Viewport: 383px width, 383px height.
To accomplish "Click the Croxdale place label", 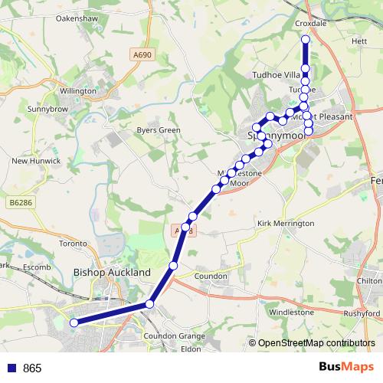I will (x=311, y=24).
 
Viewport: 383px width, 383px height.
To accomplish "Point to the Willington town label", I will (x=78, y=90).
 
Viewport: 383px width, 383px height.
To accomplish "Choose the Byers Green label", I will (x=158, y=130).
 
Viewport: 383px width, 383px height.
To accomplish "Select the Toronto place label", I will (x=74, y=244).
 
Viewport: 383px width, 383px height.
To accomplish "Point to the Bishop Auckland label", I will (x=112, y=271).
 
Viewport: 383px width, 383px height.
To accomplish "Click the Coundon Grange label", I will (x=175, y=336).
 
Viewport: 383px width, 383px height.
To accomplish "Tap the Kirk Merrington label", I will (x=286, y=223).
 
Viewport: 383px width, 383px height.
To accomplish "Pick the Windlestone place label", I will (x=291, y=313).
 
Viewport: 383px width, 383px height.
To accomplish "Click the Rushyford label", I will (x=362, y=313).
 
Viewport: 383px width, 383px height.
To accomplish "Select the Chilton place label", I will (x=369, y=281).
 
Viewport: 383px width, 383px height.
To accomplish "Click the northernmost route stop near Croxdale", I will (x=306, y=39).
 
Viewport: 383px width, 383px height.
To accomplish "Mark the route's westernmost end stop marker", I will (x=74, y=323).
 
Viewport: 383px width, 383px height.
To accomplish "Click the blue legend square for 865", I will (x=12, y=368).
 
